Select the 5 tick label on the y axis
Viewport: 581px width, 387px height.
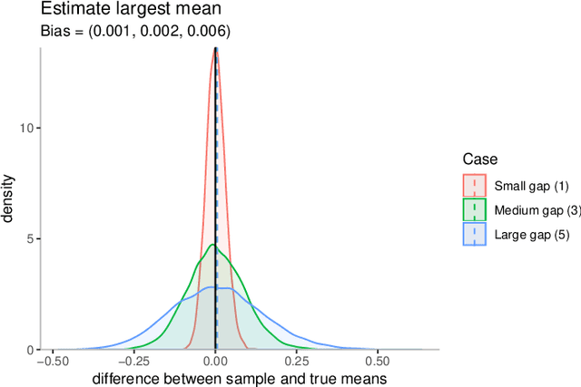pyautogui.click(x=31, y=239)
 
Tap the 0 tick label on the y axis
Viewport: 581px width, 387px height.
pyautogui.click(x=31, y=350)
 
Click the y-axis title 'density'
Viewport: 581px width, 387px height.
pyautogui.click(x=9, y=198)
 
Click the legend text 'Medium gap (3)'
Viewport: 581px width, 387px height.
pyautogui.click(x=537, y=210)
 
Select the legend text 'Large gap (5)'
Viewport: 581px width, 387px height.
pyautogui.click(x=531, y=235)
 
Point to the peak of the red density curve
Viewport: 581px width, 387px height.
pyautogui.click(x=214, y=50)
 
